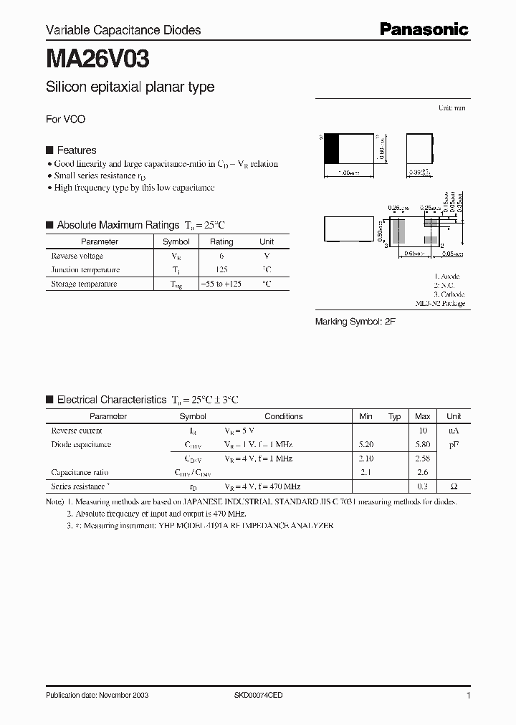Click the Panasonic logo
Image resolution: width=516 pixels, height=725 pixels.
click(424, 29)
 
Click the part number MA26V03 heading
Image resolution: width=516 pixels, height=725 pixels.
click(97, 59)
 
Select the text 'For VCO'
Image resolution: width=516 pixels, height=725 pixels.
click(65, 120)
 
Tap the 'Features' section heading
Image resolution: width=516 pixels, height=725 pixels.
click(76, 150)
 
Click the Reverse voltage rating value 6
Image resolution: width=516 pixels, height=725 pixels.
click(221, 256)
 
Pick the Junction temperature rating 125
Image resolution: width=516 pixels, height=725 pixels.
click(221, 270)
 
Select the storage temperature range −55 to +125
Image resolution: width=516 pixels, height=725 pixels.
click(221, 284)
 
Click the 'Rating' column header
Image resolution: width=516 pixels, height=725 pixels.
click(221, 242)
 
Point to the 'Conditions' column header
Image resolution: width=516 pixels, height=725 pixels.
click(283, 416)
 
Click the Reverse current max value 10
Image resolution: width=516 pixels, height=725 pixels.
click(423, 431)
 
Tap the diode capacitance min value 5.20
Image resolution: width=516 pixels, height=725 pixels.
click(365, 445)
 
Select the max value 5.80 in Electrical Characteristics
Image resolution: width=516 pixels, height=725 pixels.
click(423, 445)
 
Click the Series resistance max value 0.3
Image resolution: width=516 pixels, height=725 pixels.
click(423, 486)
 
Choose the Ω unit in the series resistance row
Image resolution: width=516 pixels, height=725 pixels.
click(454, 486)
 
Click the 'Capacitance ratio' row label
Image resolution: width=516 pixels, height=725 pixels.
click(80, 473)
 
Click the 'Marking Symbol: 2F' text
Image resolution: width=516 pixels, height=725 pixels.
click(355, 322)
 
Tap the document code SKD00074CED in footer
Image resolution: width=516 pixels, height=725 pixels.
click(259, 696)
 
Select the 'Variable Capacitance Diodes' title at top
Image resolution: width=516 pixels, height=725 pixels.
click(123, 30)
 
